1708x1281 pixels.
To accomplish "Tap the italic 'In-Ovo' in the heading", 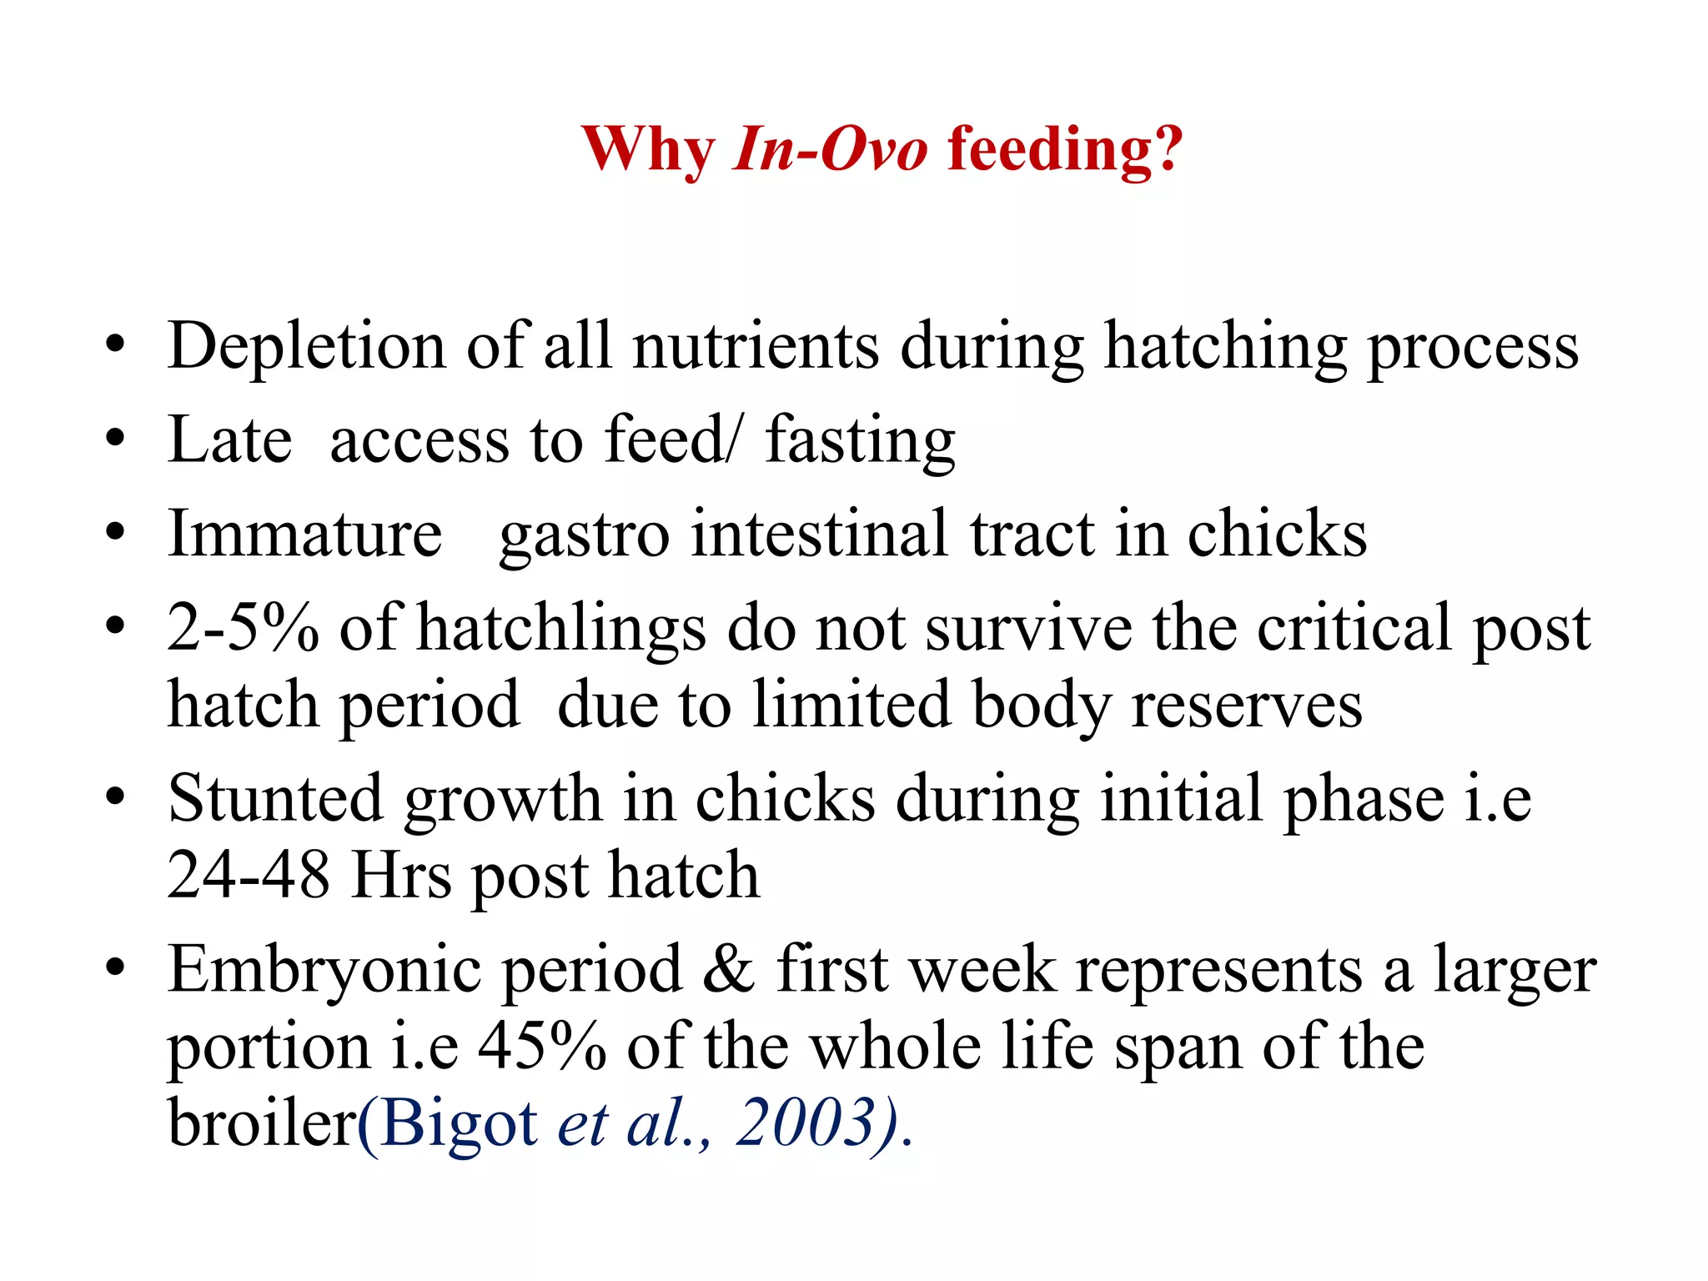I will coord(829,150).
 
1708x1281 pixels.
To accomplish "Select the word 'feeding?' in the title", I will coord(1065,150).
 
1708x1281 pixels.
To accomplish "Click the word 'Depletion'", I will coord(306,346).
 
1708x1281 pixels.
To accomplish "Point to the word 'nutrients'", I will coord(756,346).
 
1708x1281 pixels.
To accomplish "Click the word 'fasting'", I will coord(860,440).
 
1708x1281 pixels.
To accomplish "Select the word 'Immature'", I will coord(304,534).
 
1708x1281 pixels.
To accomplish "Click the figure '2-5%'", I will coord(243,627).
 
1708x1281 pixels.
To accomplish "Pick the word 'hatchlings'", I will coord(561,627).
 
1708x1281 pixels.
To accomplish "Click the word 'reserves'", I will coord(1246,706).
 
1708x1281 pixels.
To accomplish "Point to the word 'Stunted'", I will coord(274,799).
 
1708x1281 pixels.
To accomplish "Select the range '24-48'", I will coord(248,876).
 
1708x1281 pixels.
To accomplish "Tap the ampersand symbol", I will coord(729,970).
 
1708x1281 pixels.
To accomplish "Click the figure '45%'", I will coord(542,1047).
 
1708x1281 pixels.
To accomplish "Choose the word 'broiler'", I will coord(262,1123).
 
